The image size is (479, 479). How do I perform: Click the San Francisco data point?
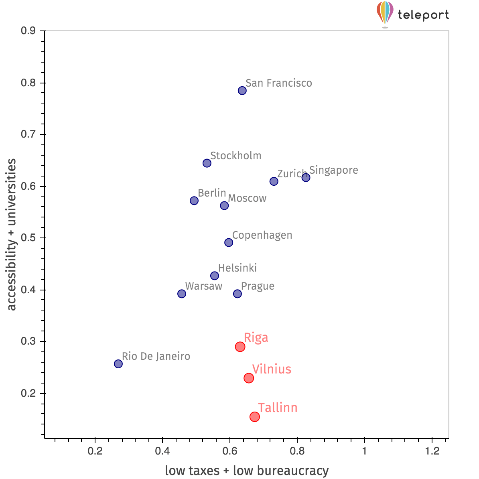click(242, 91)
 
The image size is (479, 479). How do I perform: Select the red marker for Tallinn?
click(255, 417)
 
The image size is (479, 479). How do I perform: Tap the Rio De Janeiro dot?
click(118, 364)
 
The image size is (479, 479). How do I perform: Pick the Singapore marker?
click(306, 177)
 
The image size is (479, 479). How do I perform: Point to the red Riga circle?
click(240, 347)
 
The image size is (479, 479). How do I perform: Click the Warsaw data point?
click(182, 294)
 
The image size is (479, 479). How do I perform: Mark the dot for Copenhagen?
click(229, 242)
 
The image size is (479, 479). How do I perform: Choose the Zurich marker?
click(274, 181)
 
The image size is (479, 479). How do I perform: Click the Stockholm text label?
click(235, 156)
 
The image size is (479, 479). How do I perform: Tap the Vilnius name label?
click(272, 369)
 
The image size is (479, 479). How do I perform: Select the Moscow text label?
click(247, 198)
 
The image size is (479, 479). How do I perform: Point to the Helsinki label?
click(237, 268)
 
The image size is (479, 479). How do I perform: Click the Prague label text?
click(258, 286)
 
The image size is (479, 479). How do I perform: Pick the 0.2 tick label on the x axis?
click(95, 451)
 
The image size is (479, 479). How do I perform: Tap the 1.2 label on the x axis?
click(432, 451)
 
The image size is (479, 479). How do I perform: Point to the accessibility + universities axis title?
click(12, 235)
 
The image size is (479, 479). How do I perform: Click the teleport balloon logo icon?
click(385, 13)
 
